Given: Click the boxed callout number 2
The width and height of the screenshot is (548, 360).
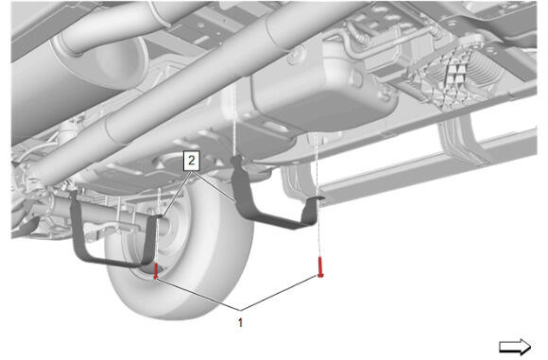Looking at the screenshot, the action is tap(192, 161).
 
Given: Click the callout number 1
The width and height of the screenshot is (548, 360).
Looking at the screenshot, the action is tap(240, 322).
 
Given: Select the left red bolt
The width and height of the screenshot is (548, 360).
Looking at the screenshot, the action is tap(156, 271).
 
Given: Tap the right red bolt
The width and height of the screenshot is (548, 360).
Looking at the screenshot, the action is tap(320, 267).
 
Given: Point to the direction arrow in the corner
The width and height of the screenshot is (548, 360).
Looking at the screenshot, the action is tap(515, 347).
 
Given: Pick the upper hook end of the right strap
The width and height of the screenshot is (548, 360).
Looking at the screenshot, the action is tap(236, 161).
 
